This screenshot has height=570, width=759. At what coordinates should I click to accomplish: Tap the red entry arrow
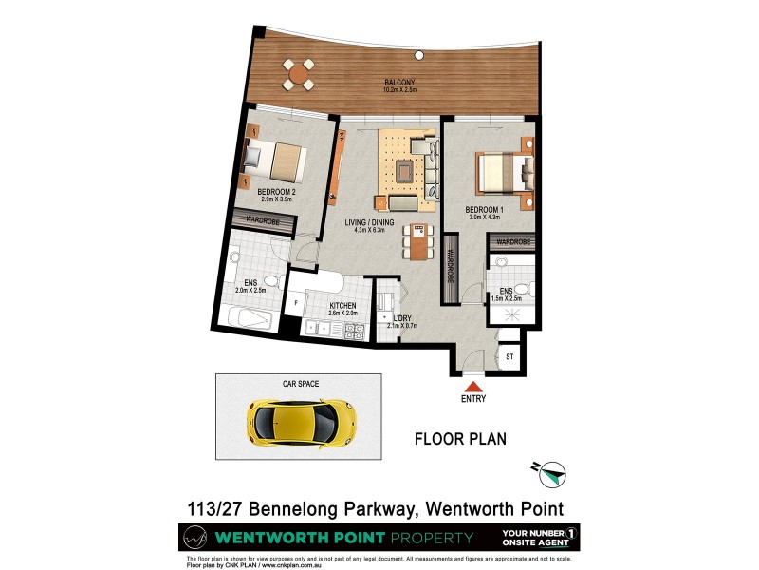tap(472, 386)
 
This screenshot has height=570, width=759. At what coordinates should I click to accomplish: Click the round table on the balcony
tap(300, 72)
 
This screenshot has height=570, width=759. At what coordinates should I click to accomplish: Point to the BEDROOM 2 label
tap(277, 193)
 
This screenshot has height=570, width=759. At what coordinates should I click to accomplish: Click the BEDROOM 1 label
tap(483, 209)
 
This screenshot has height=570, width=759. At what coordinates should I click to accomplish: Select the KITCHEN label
tap(342, 306)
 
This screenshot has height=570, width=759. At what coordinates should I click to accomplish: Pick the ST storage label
tap(509, 357)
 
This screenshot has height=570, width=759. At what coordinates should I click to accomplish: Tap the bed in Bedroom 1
tap(500, 173)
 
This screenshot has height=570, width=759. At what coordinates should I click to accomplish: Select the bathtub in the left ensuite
tap(250, 317)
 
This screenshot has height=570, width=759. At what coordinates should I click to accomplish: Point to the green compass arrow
tap(550, 470)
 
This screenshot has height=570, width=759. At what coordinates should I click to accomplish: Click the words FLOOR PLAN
tap(461, 440)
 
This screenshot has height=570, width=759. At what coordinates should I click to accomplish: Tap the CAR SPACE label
tap(300, 385)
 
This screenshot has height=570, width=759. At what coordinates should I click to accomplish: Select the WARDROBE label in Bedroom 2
tap(262, 220)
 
